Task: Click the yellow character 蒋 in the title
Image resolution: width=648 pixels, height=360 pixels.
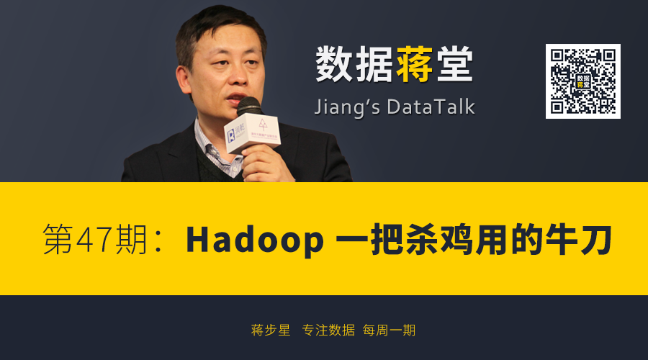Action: pyautogui.click(x=415, y=64)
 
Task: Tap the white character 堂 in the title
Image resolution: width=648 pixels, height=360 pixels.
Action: pyautogui.click(x=454, y=64)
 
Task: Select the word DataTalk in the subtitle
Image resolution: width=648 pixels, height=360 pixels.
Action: pyautogui.click(x=431, y=107)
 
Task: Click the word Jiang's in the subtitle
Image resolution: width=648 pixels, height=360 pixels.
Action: pyautogui.click(x=347, y=108)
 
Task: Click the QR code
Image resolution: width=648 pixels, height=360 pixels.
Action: pyautogui.click(x=582, y=81)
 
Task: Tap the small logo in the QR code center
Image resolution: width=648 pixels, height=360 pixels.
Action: pyautogui.click(x=583, y=81)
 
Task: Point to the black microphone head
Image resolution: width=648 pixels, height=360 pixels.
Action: pyautogui.click(x=249, y=107)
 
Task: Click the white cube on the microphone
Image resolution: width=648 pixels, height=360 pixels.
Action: pyautogui.click(x=252, y=132)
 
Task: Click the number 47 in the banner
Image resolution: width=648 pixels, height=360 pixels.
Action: pyautogui.click(x=94, y=240)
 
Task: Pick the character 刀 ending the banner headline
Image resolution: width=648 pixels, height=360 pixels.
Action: pyautogui.click(x=596, y=239)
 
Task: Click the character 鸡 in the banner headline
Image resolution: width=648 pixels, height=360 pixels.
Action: pyautogui.click(x=456, y=239)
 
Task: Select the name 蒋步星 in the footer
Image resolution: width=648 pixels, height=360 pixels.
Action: pyautogui.click(x=271, y=330)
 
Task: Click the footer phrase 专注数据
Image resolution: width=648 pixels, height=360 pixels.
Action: pyautogui.click(x=328, y=330)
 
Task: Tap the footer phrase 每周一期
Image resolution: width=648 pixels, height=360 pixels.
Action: pyautogui.click(x=389, y=330)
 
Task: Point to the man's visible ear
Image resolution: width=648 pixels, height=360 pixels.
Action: pyautogui.click(x=182, y=79)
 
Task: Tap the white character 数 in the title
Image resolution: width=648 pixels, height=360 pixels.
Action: pyautogui.click(x=334, y=64)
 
